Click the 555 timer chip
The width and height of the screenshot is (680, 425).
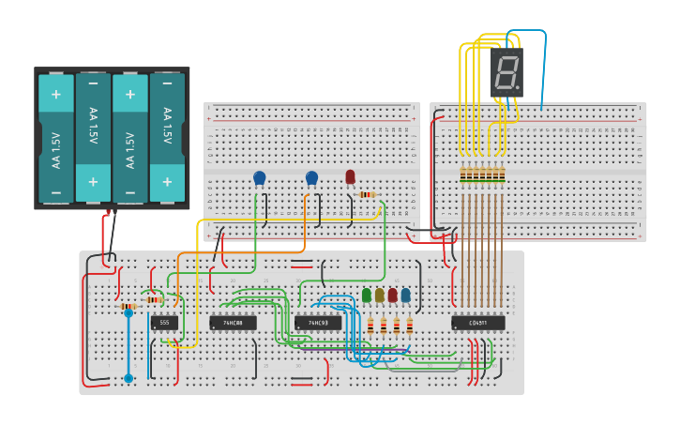[x=164, y=323]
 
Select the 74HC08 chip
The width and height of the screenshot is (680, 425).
[x=233, y=323]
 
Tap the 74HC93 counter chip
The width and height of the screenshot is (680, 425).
[x=318, y=323]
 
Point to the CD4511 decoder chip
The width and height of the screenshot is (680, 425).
[x=477, y=323]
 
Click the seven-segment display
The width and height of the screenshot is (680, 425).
[x=506, y=72]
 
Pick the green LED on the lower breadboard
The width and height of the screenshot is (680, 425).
[x=367, y=296]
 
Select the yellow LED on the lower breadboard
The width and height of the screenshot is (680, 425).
[x=380, y=296]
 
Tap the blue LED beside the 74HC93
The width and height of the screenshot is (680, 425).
[x=405, y=296]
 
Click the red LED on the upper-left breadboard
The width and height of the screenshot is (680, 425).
[x=350, y=176]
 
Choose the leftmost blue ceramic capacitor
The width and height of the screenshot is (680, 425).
[x=260, y=177]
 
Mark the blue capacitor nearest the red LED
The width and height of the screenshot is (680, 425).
[x=311, y=177]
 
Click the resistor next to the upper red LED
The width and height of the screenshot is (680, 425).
[x=367, y=194]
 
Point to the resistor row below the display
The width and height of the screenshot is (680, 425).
[x=482, y=175]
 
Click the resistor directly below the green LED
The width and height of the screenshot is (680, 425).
[x=370, y=326]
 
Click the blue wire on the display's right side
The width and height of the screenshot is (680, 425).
[x=543, y=70]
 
